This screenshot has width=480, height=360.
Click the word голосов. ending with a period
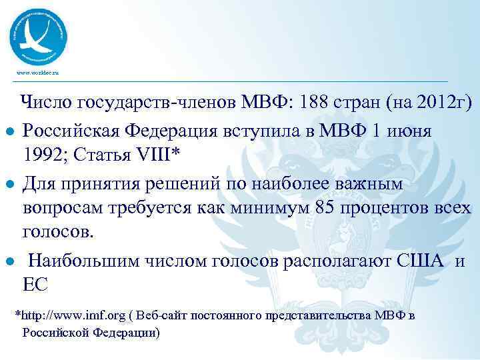click(59, 233)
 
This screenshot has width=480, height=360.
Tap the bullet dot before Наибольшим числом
click(8, 261)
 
